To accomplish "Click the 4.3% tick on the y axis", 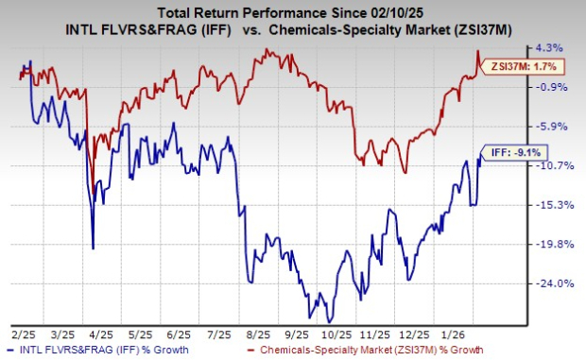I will (552, 47).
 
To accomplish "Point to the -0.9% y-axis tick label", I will (552, 87).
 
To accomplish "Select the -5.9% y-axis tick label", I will (552, 127).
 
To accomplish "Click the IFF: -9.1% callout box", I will (515, 151).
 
